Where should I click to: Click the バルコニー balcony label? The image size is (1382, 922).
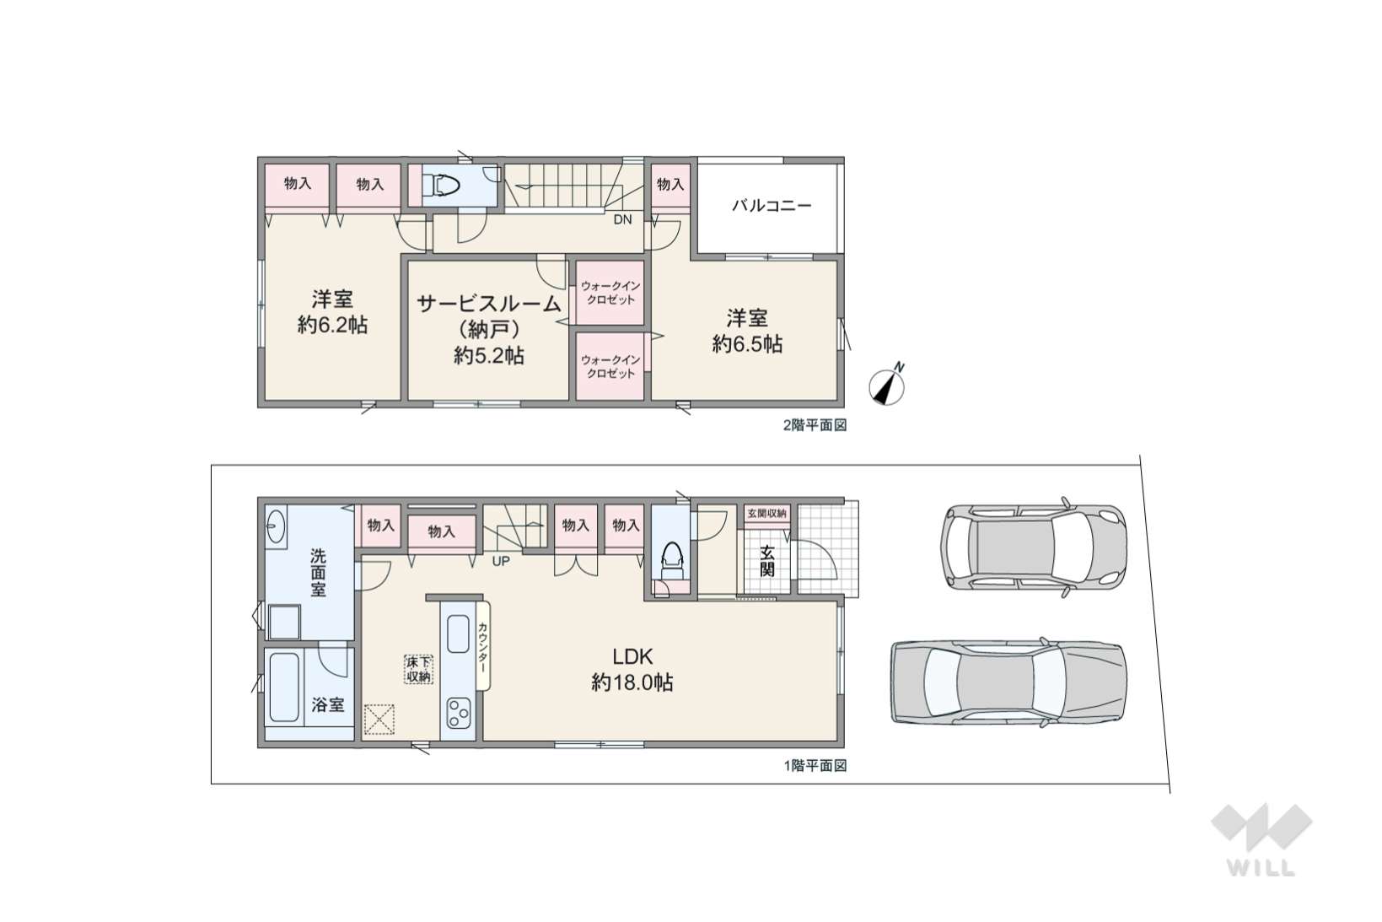click(x=772, y=206)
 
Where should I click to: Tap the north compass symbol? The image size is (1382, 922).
click(x=887, y=386)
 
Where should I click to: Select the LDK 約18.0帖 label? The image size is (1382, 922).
click(x=632, y=669)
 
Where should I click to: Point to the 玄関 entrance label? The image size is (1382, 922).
click(x=766, y=560)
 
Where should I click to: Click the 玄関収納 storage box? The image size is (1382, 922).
click(x=766, y=514)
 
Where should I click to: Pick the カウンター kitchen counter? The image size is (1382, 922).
click(x=483, y=646)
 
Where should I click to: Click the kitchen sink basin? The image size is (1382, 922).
click(x=458, y=634)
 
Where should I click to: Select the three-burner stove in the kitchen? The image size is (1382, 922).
click(x=459, y=713)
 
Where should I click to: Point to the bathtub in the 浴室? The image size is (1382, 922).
click(x=284, y=687)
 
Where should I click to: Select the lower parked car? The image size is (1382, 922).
click(x=1008, y=682)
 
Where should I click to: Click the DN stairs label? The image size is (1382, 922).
click(x=622, y=219)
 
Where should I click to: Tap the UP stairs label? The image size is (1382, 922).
click(x=500, y=562)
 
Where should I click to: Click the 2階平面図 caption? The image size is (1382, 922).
click(x=815, y=425)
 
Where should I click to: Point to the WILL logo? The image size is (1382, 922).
click(x=1261, y=840)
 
